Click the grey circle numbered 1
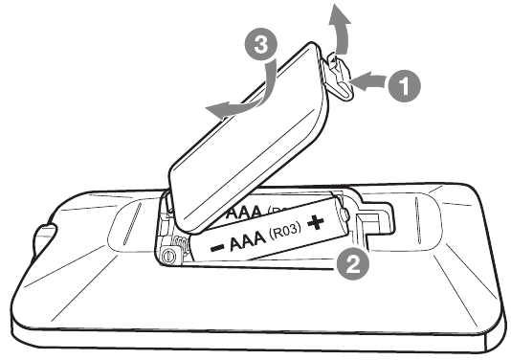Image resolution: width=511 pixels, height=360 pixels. (404, 86)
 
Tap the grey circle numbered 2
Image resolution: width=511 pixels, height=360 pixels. (353, 264)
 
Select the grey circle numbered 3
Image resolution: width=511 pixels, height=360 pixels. (261, 44)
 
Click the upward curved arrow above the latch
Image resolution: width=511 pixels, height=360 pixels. (340, 31)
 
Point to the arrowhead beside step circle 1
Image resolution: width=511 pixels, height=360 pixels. (360, 81)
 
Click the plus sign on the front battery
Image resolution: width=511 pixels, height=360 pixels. (316, 223)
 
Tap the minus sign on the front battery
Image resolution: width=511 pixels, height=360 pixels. (217, 248)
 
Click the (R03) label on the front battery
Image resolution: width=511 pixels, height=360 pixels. (285, 232)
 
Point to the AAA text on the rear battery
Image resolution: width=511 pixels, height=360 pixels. (244, 212)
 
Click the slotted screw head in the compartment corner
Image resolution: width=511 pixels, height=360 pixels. (168, 256)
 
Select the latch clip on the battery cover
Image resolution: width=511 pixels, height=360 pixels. (339, 77)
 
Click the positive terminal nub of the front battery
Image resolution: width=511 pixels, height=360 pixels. (344, 214)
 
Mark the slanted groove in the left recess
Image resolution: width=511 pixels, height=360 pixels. (131, 224)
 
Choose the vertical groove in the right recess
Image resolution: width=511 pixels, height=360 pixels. (418, 220)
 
